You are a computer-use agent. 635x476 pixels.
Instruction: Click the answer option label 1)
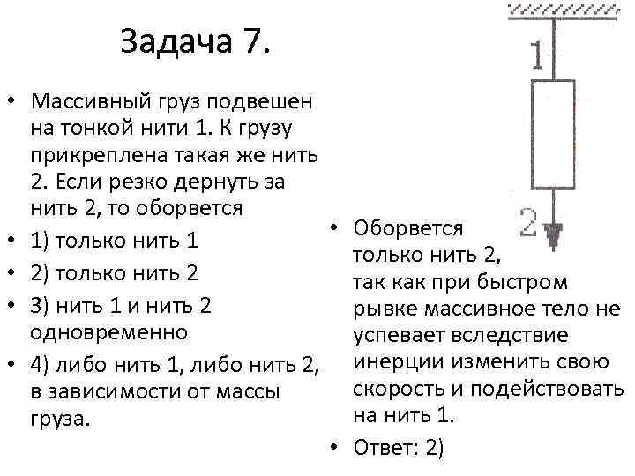point(41,242)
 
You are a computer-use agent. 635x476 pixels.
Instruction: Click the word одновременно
point(108,333)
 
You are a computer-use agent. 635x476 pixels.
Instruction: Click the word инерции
point(394,362)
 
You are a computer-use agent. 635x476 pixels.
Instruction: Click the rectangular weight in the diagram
point(553,135)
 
